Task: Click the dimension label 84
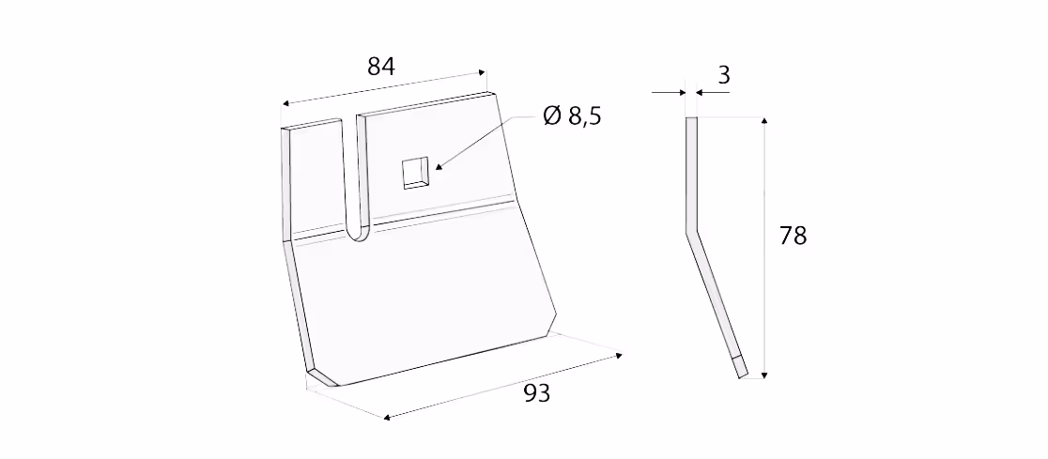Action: (x=381, y=67)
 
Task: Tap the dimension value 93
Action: (x=536, y=394)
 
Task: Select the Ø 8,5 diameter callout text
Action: (x=572, y=116)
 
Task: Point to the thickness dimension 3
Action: (x=723, y=75)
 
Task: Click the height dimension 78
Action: (x=793, y=236)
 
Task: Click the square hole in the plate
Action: (x=415, y=173)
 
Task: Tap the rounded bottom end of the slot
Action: (x=359, y=233)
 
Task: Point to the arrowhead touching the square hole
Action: (x=438, y=165)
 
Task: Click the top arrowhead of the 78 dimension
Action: (x=764, y=121)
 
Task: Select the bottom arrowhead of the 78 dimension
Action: (x=764, y=375)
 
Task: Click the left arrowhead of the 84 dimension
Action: (x=285, y=103)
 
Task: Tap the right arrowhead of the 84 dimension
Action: (x=482, y=71)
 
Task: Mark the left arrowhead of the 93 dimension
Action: (x=388, y=418)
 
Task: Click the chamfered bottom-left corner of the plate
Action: (x=322, y=377)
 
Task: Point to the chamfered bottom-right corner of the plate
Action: (x=550, y=325)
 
